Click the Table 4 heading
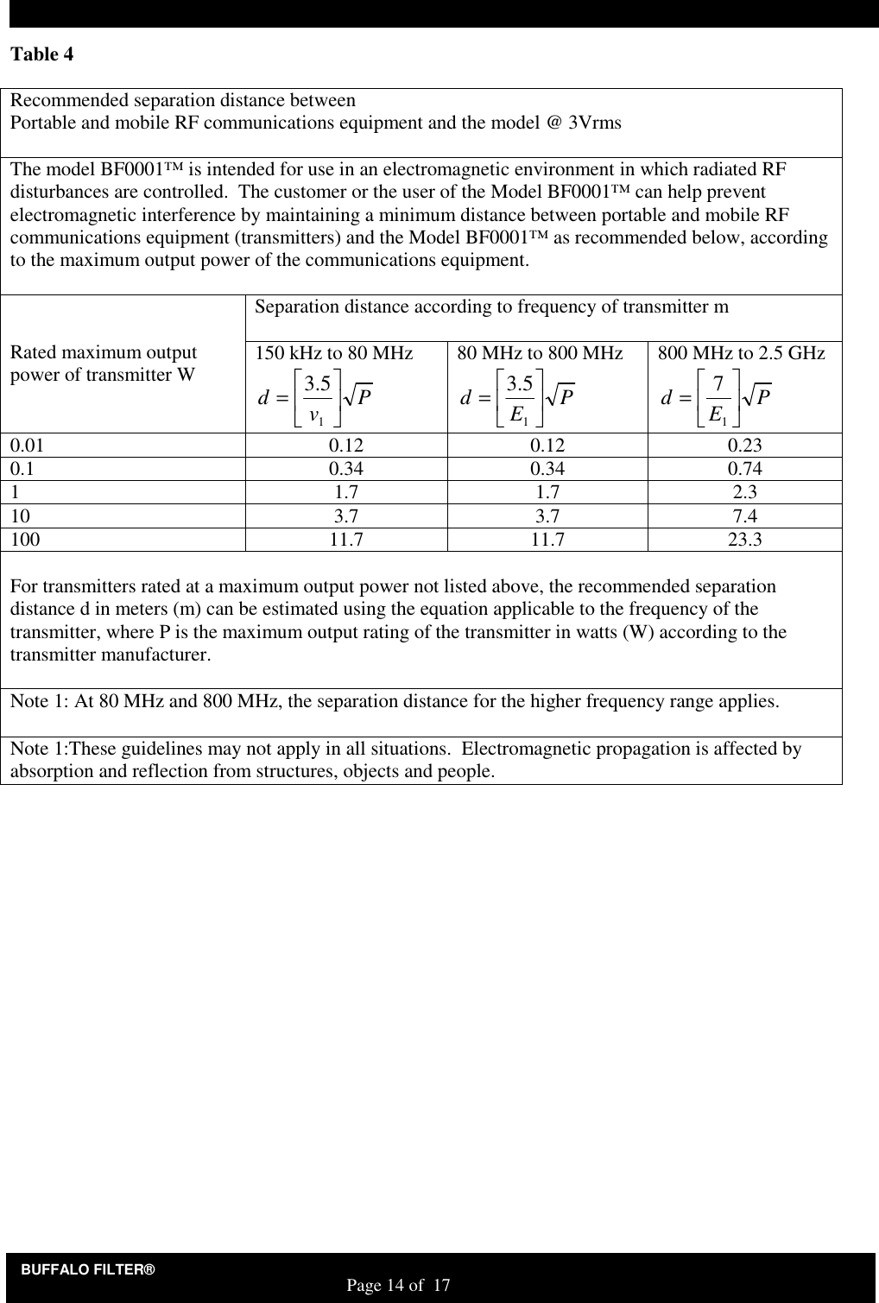[x=41, y=54]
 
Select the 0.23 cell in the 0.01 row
[x=743, y=446]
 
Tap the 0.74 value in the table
[x=743, y=469]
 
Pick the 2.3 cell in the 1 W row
[x=743, y=493]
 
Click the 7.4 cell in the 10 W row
[x=743, y=516]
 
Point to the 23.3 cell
[x=743, y=540]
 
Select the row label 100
[x=24, y=540]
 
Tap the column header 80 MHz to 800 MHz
[x=540, y=353]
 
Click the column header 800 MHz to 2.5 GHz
[x=742, y=353]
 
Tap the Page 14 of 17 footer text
[x=398, y=1287]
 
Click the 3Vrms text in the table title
[x=594, y=122]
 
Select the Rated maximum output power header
[x=104, y=364]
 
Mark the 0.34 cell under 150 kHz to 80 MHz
[x=346, y=469]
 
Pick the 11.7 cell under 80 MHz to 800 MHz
[x=547, y=540]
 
